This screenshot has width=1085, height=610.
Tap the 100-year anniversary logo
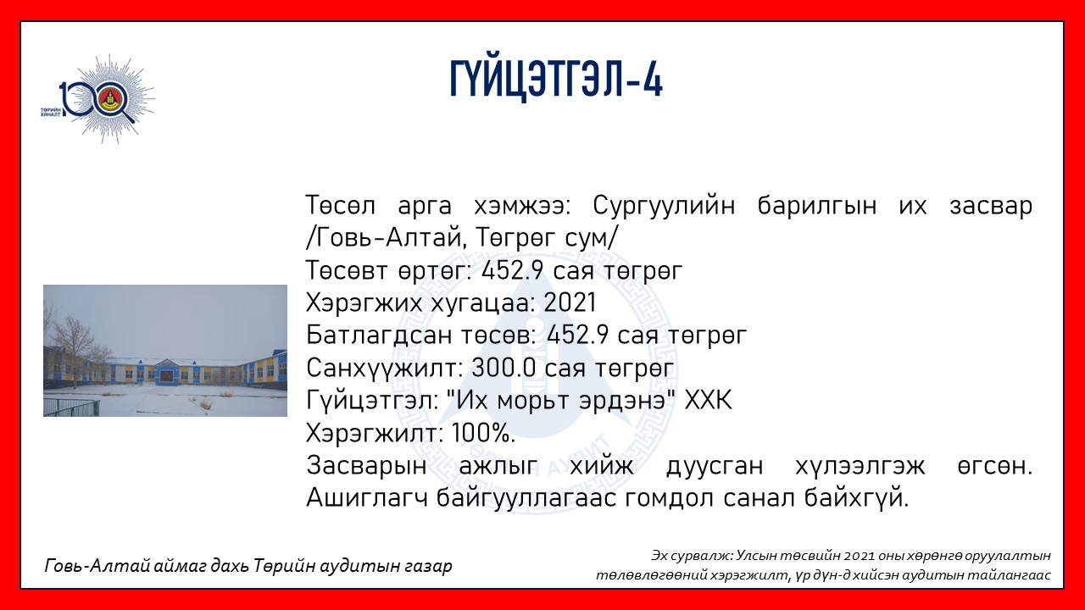[97, 99]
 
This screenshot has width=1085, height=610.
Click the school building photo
[165, 351]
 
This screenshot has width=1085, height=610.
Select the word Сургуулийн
[664, 206]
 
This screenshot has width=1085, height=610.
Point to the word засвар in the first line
[991, 206]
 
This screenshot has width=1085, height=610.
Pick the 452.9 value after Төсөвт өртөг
[513, 270]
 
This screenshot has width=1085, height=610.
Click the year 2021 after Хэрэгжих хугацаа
[570, 302]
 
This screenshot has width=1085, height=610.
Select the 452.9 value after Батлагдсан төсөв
[577, 335]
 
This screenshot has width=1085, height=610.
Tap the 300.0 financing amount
[504, 368]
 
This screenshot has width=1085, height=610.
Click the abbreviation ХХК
[708, 401]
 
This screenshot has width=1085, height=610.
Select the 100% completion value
[483, 433]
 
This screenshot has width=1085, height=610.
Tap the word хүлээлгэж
[860, 466]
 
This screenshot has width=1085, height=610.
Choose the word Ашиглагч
[367, 499]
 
